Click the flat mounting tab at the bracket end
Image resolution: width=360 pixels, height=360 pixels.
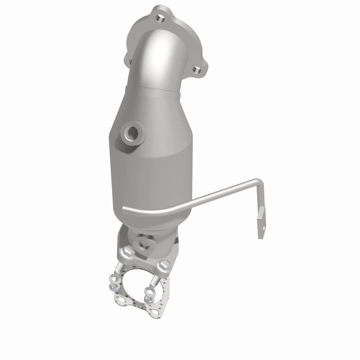click(261, 227)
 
